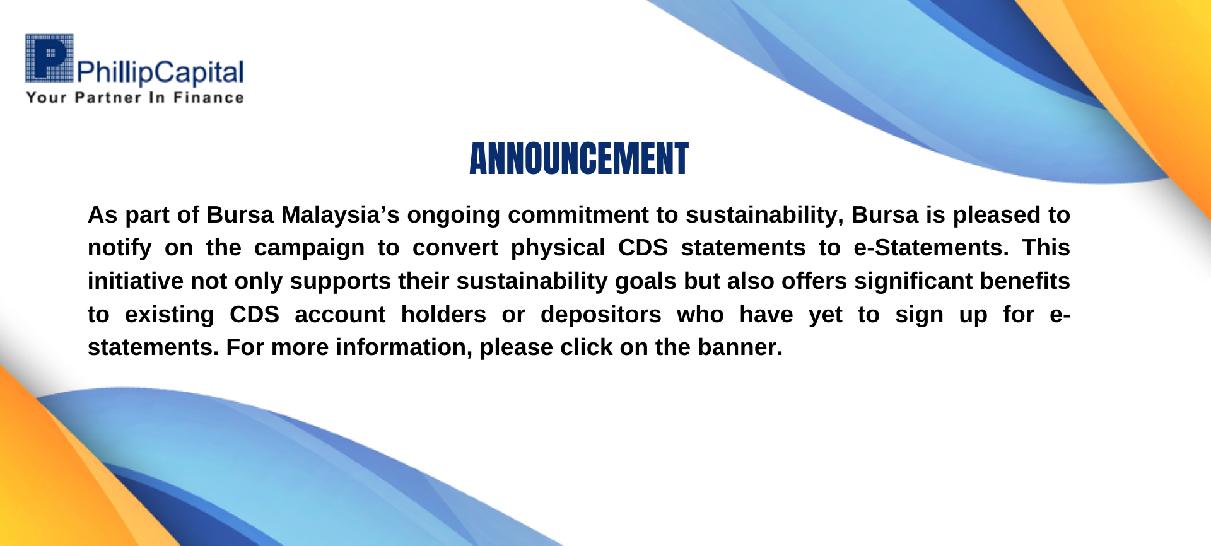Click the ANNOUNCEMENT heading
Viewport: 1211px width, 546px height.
[579, 158]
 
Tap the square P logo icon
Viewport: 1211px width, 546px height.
[49, 58]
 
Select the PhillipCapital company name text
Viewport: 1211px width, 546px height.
[160, 73]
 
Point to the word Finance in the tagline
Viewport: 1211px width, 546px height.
[209, 98]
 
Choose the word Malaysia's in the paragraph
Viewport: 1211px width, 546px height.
[340, 215]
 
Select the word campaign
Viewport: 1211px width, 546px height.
[309, 248]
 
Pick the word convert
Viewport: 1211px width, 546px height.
[455, 248]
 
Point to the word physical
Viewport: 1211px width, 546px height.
[558, 248]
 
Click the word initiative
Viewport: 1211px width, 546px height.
[136, 281]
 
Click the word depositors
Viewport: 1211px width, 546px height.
[600, 314]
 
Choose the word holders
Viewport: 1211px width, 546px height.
[443, 314]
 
